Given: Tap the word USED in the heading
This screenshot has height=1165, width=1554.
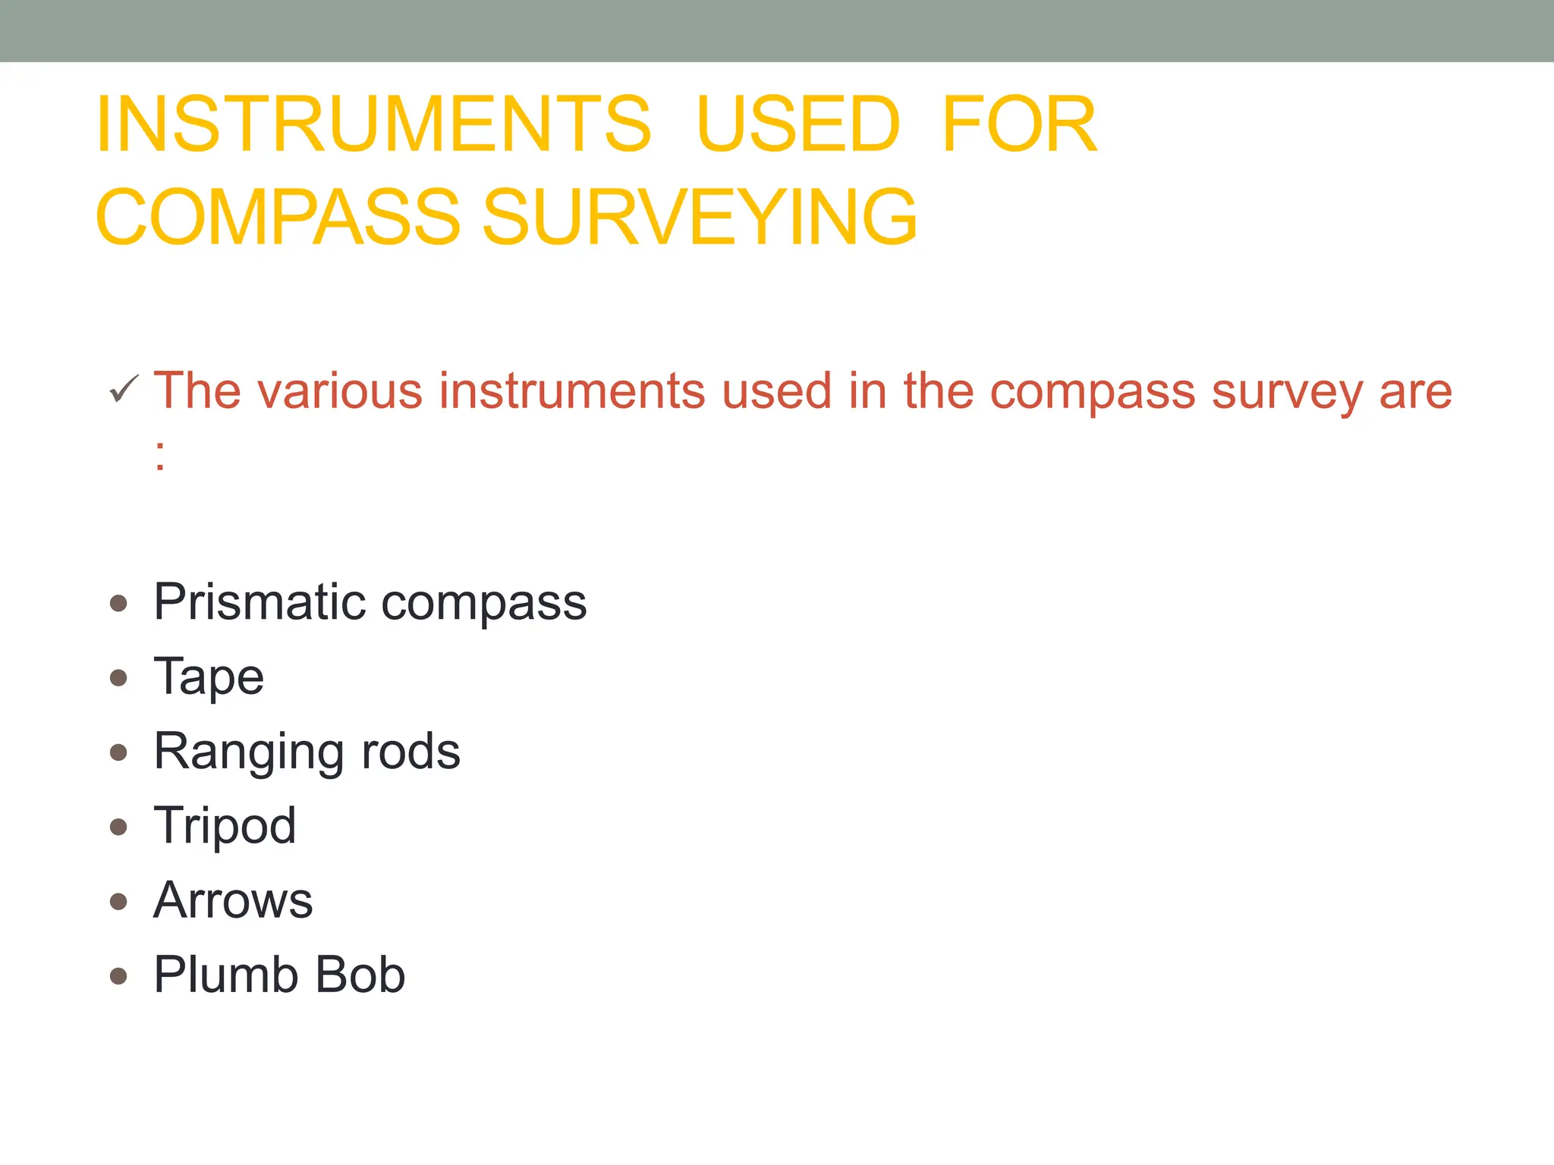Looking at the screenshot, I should [x=797, y=124].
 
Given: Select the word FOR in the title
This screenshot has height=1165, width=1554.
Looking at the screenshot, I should [x=1019, y=124].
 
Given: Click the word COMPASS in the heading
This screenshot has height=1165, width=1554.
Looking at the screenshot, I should [x=278, y=218].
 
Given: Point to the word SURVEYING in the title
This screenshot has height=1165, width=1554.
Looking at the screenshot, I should [x=700, y=218].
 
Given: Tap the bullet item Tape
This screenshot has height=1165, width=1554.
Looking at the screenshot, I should [x=209, y=677].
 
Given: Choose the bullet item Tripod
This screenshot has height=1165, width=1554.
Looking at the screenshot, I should [x=225, y=827].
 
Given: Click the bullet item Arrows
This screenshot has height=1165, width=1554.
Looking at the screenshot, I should [x=233, y=901].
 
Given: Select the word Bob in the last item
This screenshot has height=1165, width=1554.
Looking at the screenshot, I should [x=360, y=975].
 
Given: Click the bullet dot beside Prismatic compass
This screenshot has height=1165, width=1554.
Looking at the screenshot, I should [x=118, y=604].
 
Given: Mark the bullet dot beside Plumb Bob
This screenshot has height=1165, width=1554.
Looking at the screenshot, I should [x=118, y=975].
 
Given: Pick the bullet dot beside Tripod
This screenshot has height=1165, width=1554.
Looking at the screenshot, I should [x=118, y=827].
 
